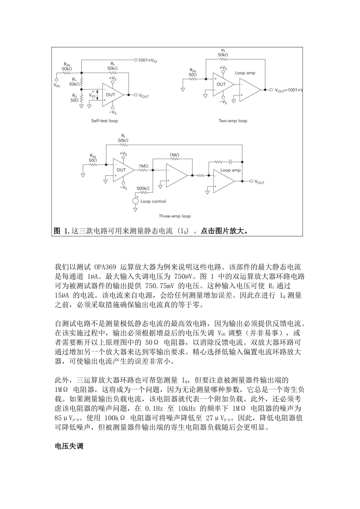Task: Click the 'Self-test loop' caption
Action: (104, 121)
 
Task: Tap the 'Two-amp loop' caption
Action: (233, 121)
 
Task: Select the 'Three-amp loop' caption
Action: (174, 216)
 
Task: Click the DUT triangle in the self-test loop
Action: (111, 95)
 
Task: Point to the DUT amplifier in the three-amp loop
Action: (122, 170)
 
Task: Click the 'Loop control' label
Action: (153, 201)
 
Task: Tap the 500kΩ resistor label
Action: (143, 188)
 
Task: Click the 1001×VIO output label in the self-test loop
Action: (150, 60)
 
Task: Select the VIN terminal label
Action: (56, 85)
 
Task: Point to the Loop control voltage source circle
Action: (136, 201)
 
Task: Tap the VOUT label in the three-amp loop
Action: (260, 183)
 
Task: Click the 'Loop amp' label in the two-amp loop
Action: (245, 73)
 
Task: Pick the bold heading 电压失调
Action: (69, 446)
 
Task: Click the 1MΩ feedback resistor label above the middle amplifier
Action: (174, 155)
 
